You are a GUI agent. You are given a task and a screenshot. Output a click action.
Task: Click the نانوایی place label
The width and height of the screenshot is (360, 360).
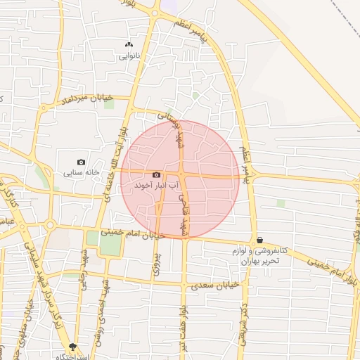(x=129, y=55)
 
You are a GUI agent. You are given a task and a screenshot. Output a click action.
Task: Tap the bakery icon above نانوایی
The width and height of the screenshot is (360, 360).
(x=129, y=44)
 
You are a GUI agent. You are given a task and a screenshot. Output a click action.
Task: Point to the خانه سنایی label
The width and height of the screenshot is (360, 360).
(x=82, y=172)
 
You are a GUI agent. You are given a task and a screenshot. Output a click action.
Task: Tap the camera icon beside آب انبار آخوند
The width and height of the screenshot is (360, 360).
(x=156, y=175)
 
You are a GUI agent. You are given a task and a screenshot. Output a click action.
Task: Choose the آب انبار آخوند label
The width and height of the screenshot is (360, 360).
(x=156, y=185)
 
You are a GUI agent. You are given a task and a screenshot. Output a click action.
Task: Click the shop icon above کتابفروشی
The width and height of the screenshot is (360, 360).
(x=260, y=240)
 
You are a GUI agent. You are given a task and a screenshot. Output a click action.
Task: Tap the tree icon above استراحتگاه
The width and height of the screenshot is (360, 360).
(x=72, y=347)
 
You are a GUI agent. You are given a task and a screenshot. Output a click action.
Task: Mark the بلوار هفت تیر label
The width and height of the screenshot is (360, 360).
(x=184, y=330)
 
